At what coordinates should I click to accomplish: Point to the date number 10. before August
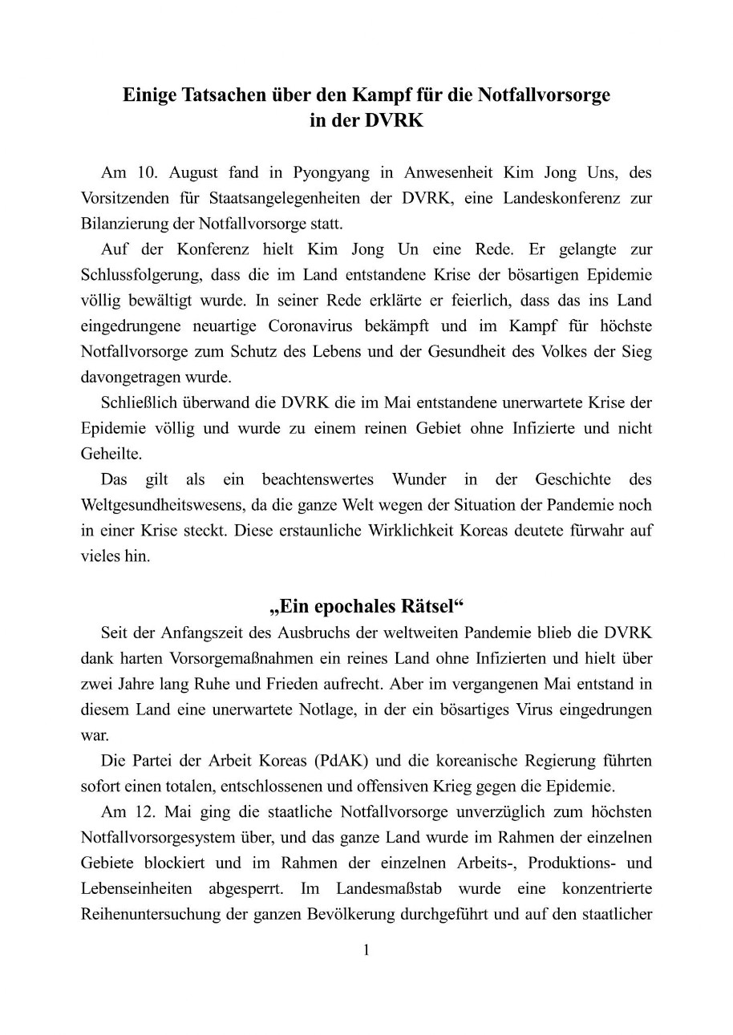point(144,172)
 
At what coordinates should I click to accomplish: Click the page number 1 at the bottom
point(366,951)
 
